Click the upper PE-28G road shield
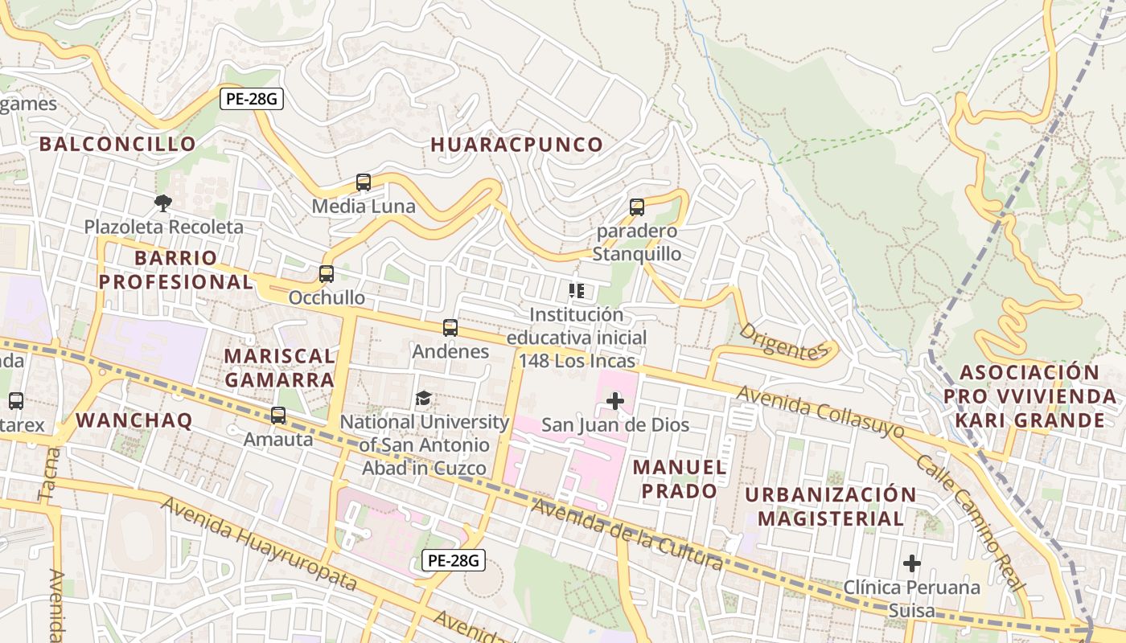click(252, 100)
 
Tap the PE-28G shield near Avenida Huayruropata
click(454, 560)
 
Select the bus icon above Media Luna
click(364, 182)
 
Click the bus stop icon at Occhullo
click(327, 274)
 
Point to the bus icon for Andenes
click(450, 328)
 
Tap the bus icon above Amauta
click(278, 416)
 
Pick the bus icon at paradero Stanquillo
click(637, 207)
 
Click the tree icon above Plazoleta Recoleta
click(164, 203)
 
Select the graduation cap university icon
click(424, 398)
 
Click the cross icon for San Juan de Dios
click(615, 400)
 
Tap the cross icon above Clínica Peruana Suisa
click(911, 563)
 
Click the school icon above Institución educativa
click(577, 291)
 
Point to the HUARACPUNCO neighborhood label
click(516, 145)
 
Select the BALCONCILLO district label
click(117, 144)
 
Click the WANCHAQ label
click(134, 420)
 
